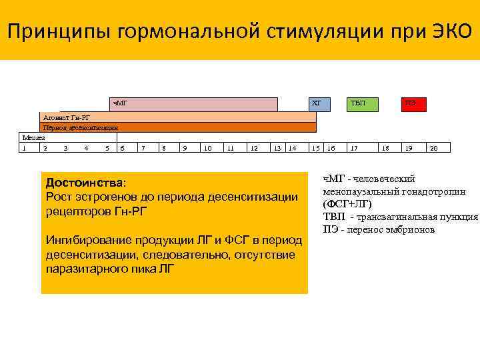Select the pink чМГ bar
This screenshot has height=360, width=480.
click(x=193, y=104)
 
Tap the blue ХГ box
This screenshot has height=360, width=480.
click(x=317, y=104)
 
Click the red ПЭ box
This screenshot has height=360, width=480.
click(x=411, y=104)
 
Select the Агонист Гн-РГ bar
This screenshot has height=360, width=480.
click(x=179, y=117)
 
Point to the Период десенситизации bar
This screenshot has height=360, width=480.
click(x=179, y=127)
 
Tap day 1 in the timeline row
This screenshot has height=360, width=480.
click(x=25, y=147)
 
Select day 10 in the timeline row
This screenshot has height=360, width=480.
click(x=208, y=147)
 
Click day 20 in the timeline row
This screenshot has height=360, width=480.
click(x=434, y=147)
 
